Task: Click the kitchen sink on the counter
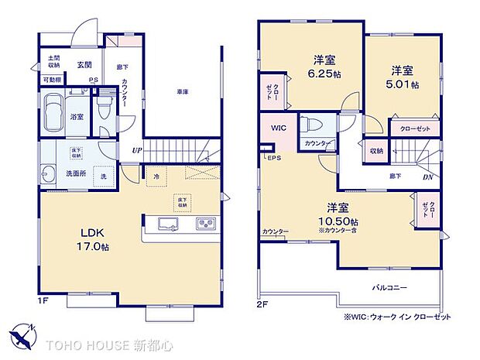[170, 224]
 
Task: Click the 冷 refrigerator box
[156, 177]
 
